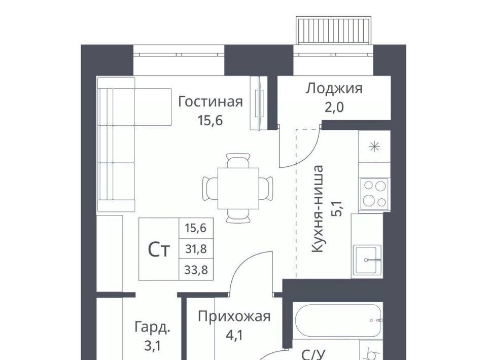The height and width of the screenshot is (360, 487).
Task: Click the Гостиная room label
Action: pos(210,102)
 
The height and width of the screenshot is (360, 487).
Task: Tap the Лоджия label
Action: pos(334,89)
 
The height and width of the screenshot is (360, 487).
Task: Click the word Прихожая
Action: pos(234,317)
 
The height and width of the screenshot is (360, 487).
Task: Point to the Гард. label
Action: pos(153,328)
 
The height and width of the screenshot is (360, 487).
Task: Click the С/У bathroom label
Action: pos(313,354)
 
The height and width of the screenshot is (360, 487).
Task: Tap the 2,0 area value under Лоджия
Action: pos(334,107)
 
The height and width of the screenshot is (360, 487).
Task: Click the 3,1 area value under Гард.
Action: pos(153,346)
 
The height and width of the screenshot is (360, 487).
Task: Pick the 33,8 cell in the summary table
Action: pos(196,270)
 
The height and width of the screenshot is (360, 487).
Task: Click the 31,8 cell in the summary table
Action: pos(196,249)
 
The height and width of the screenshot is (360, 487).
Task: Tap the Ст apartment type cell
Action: pos(159,249)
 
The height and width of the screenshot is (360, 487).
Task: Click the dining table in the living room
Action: pos(238,189)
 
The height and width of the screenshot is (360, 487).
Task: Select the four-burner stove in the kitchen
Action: pos(374,193)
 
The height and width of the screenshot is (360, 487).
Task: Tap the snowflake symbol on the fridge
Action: pos(375,146)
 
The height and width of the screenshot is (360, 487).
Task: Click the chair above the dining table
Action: pos(238,161)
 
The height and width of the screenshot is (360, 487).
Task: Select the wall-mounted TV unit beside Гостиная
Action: pos(259,103)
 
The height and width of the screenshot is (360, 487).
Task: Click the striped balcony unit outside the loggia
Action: pos(334,30)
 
